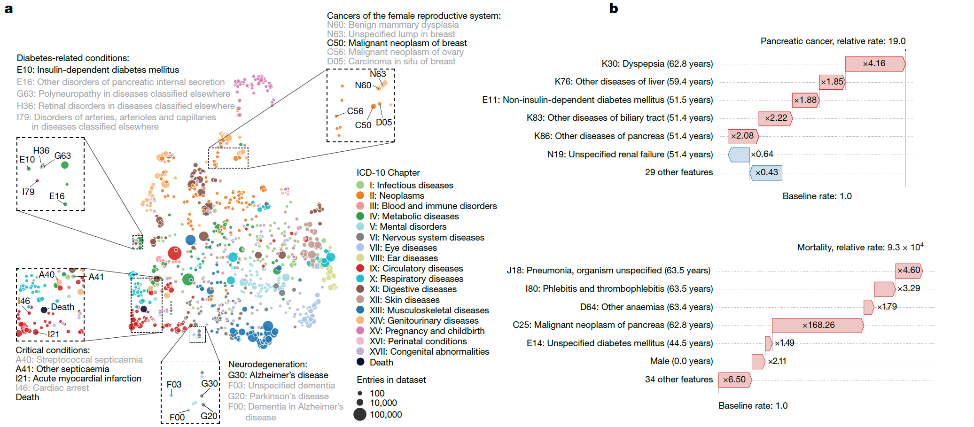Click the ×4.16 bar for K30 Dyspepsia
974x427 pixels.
tap(874, 64)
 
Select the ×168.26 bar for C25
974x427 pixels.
tap(818, 325)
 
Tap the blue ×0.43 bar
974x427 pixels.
tap(766, 172)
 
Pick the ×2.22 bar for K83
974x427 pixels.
tap(775, 118)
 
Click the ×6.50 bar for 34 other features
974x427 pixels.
tap(734, 380)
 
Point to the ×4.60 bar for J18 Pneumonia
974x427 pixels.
tap(908, 271)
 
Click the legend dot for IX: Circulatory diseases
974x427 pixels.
tap(360, 269)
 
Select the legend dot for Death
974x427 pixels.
tap(360, 362)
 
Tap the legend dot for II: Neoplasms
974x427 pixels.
tap(360, 195)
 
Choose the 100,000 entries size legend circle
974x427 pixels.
tap(360, 414)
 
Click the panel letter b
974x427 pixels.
tap(614, 8)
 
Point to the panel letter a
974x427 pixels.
tap(8, 8)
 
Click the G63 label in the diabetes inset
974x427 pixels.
tap(62, 155)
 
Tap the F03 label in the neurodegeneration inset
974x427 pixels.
tap(174, 384)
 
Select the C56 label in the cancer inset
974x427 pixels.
tap(355, 111)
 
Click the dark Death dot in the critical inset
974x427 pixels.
tap(44, 310)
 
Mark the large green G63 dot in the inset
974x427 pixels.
tap(65, 165)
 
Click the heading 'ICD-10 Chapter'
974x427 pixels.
tap(388, 172)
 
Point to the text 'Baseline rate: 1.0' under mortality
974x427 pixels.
tap(753, 405)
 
